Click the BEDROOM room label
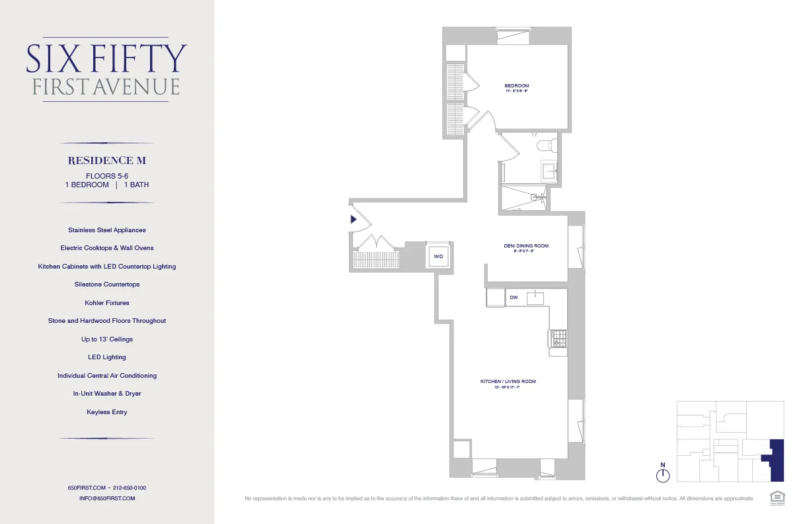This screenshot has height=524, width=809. point(516,86)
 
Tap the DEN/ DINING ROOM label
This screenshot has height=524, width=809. point(525,246)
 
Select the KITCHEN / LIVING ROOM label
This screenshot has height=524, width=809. point(508,382)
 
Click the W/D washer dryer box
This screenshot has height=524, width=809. point(438,256)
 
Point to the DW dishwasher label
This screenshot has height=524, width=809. point(514,298)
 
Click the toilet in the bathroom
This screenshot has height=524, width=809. point(545,144)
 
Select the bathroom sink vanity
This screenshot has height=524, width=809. point(549,172)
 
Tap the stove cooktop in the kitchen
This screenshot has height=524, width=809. point(558,339)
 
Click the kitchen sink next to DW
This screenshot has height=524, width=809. point(535,298)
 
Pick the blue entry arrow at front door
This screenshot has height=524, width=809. point(354,219)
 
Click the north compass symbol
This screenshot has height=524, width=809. point(664,474)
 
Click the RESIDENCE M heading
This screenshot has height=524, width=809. point(107,161)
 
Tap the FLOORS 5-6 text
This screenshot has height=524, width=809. point(107,175)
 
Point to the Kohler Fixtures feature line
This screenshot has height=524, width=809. point(107,302)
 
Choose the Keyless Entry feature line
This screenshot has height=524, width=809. point(107,412)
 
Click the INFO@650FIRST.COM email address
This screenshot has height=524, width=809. point(107,498)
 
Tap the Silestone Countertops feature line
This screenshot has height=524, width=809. point(107,284)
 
